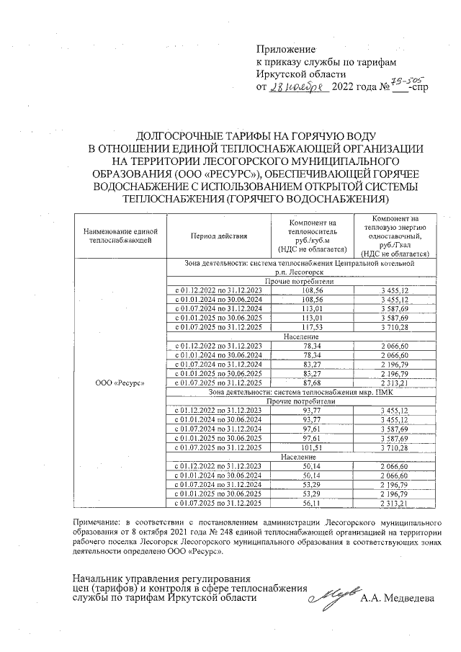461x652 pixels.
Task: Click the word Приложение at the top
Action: [286, 49]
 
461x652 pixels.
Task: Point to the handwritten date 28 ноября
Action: [297, 87]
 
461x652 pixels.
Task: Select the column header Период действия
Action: [218, 236]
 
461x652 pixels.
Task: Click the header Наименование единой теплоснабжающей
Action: [120, 235]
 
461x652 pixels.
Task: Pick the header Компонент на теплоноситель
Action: [312, 235]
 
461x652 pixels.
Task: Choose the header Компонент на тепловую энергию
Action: [393, 235]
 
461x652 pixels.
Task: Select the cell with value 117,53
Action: [312, 326]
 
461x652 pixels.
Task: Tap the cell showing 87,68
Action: [312, 383]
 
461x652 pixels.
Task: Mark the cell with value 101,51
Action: [312, 447]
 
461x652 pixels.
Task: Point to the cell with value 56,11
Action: [312, 503]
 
